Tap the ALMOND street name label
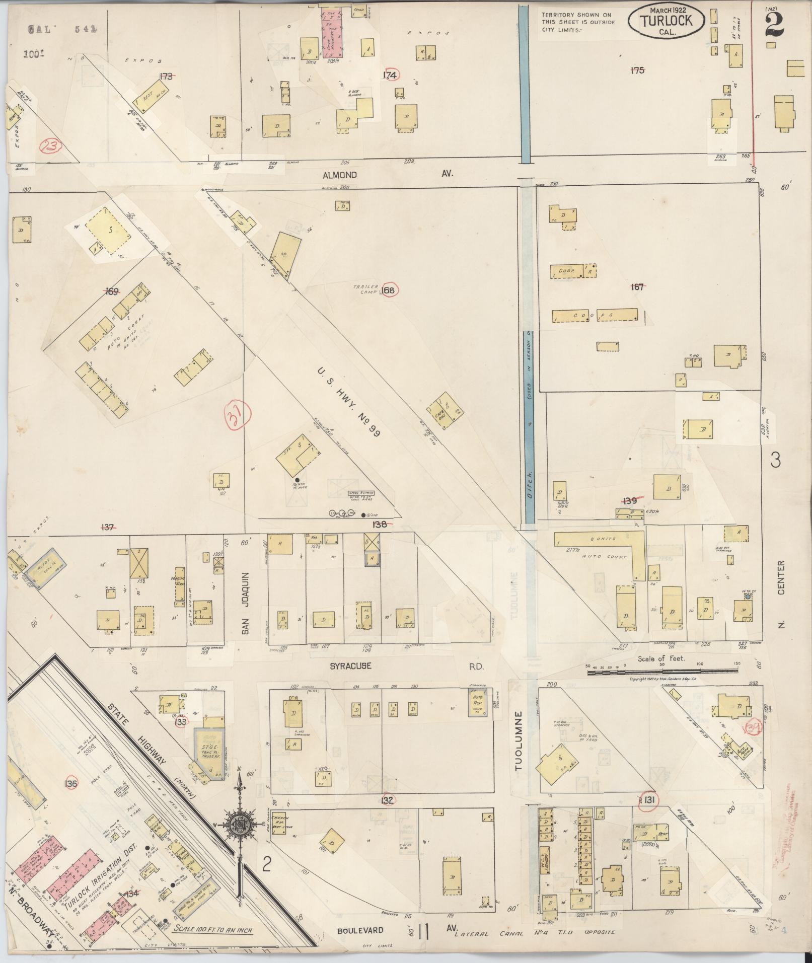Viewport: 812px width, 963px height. coord(340,175)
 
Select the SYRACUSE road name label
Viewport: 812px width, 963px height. coord(350,666)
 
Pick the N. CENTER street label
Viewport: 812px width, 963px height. coord(781,594)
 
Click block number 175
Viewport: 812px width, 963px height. coord(637,70)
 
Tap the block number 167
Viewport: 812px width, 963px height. coord(637,287)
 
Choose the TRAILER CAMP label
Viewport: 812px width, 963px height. coord(365,289)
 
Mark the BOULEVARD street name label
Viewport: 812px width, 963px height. coord(360,930)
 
